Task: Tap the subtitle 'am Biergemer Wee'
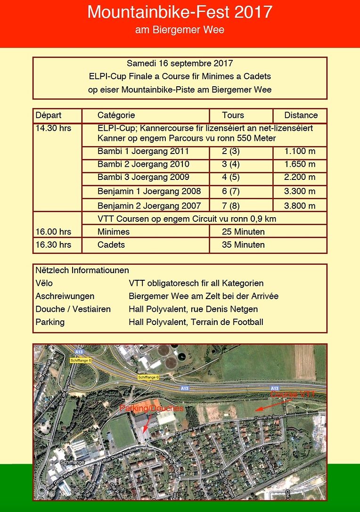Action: pos(180,30)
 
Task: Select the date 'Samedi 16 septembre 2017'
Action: pos(180,63)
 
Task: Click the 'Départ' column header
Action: pos(49,115)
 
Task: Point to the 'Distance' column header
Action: pos(301,115)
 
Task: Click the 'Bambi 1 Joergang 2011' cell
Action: pos(143,152)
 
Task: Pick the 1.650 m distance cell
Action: pos(300,164)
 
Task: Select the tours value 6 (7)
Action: pos(231,191)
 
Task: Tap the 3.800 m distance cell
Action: pos(300,205)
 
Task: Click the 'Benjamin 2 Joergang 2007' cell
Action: pos(149,205)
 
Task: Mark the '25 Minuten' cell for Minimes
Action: pos(243,232)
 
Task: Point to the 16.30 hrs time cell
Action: pos(53,245)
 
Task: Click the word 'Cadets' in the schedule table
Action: pos(111,245)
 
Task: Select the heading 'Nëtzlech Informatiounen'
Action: pos(82,270)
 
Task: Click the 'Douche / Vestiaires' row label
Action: pos(73,309)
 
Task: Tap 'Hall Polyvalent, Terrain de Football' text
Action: pos(196,323)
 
